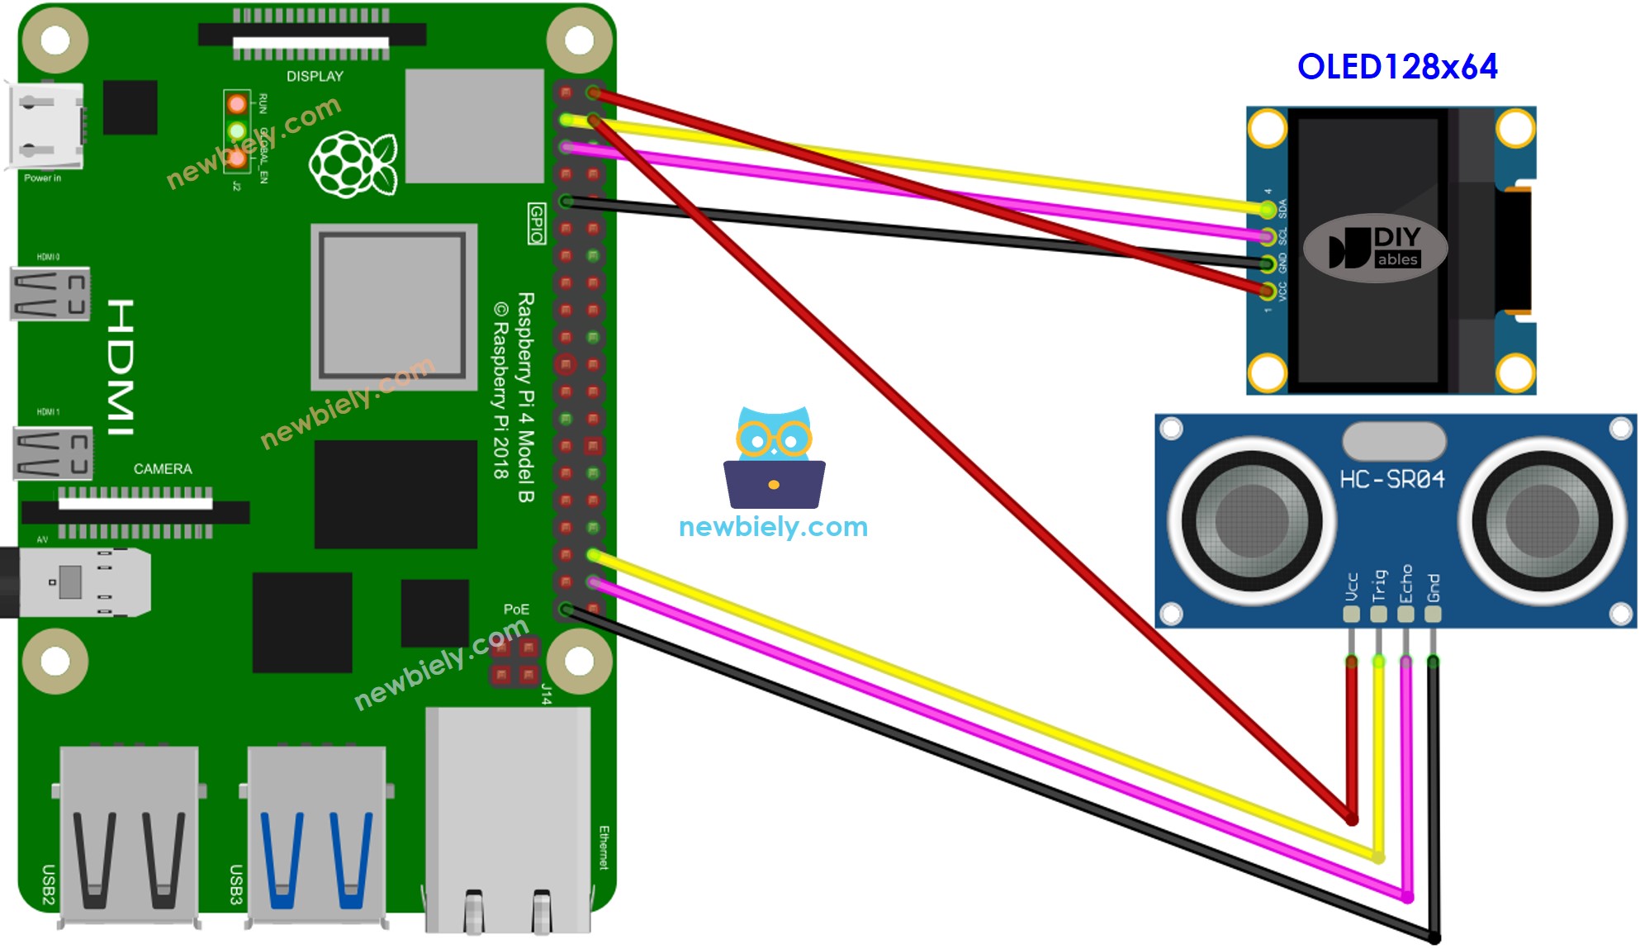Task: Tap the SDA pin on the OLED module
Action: point(1268,209)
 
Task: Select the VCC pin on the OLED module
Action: point(1268,290)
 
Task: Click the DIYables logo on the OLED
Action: point(1375,248)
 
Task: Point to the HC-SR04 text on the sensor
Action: point(1391,479)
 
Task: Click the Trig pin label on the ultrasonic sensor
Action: point(1379,586)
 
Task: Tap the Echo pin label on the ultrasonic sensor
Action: point(1406,584)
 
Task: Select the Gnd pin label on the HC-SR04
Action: point(1434,587)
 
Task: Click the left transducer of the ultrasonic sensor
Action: point(1252,520)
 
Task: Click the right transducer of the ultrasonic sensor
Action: point(1542,520)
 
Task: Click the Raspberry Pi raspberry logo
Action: point(353,164)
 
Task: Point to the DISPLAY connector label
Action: point(315,77)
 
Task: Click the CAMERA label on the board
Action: point(163,469)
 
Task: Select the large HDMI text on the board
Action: point(121,368)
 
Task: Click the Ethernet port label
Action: point(604,847)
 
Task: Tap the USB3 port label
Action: point(236,885)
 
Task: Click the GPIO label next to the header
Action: point(537,224)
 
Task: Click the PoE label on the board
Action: point(516,610)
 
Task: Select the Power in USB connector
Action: point(45,126)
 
